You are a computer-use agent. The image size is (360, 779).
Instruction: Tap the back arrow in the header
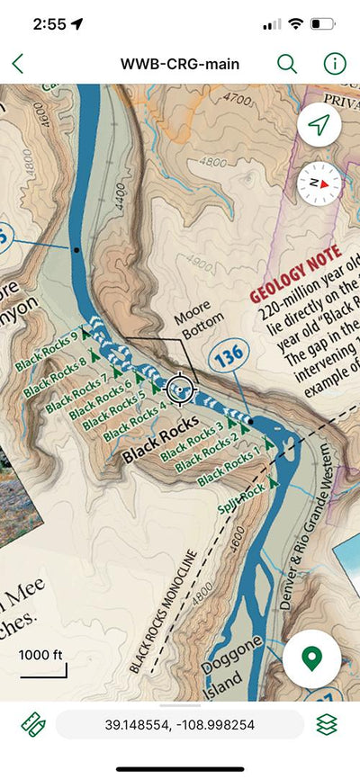(18, 64)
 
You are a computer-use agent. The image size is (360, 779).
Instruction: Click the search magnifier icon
(287, 64)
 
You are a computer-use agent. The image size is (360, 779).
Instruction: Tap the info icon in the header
(335, 64)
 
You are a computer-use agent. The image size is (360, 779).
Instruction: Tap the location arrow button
(319, 127)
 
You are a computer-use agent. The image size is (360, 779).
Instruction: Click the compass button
(319, 182)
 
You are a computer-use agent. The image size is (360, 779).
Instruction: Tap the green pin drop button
(311, 658)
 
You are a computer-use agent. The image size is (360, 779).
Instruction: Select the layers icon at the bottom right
(327, 724)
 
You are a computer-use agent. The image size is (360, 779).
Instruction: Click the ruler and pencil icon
(32, 724)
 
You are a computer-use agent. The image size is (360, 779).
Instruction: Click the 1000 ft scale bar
(42, 663)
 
